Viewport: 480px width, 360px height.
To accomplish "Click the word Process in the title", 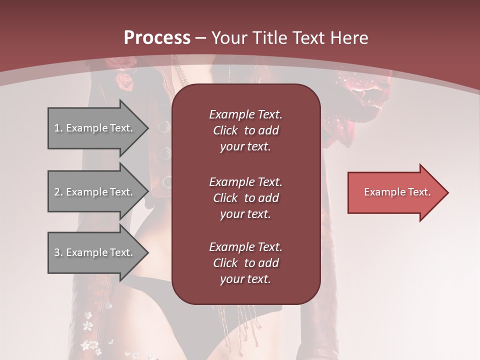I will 157,38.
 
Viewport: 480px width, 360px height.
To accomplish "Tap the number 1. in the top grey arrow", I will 58,128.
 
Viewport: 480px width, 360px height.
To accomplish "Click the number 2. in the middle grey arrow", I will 58,192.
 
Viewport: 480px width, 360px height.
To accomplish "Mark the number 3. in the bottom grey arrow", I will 58,252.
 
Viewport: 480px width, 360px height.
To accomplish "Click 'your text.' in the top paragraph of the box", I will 245,147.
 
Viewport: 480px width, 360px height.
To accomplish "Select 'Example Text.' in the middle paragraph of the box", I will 245,181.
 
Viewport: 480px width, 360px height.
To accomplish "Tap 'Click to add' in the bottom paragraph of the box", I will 245,263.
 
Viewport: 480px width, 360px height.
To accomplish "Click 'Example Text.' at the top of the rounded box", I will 245,114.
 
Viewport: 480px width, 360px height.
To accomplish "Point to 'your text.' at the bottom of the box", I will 245,279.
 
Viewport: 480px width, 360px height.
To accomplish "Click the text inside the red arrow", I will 397,192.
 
